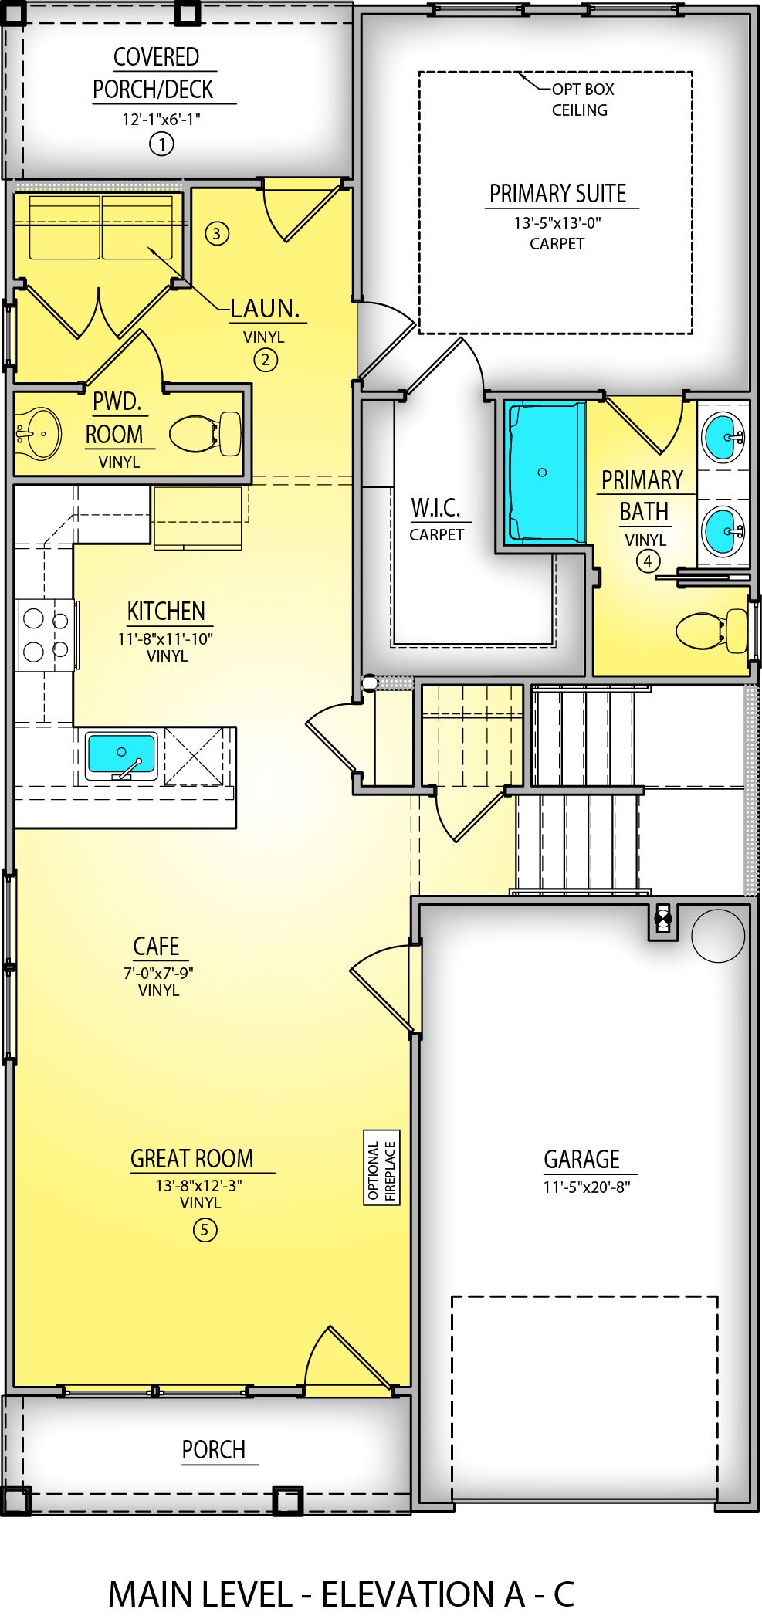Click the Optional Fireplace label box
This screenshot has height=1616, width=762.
pyautogui.click(x=381, y=1167)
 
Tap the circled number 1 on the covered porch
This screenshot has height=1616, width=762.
pyautogui.click(x=161, y=144)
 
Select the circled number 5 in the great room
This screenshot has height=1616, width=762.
pyautogui.click(x=205, y=1229)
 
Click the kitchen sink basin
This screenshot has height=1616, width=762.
pyautogui.click(x=121, y=754)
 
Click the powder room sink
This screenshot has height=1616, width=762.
pyautogui.click(x=37, y=434)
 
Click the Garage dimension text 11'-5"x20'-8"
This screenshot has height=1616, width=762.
pyautogui.click(x=587, y=1187)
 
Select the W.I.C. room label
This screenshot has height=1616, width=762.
pyautogui.click(x=435, y=508)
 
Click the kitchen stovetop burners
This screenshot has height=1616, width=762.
pyautogui.click(x=45, y=635)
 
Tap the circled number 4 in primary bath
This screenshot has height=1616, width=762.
pyautogui.click(x=648, y=561)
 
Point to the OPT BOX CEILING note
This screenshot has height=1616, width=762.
pyautogui.click(x=581, y=100)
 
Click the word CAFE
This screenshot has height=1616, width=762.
pyautogui.click(x=156, y=946)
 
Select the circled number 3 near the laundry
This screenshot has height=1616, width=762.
pyautogui.click(x=217, y=233)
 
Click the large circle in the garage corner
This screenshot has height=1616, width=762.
pyautogui.click(x=717, y=935)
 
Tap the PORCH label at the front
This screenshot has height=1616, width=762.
pyautogui.click(x=214, y=1450)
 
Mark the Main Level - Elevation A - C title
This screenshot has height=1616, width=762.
pyautogui.click(x=341, y=1594)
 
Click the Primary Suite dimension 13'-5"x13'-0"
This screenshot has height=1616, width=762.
pyautogui.click(x=557, y=223)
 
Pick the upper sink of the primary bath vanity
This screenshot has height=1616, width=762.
pyautogui.click(x=723, y=437)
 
